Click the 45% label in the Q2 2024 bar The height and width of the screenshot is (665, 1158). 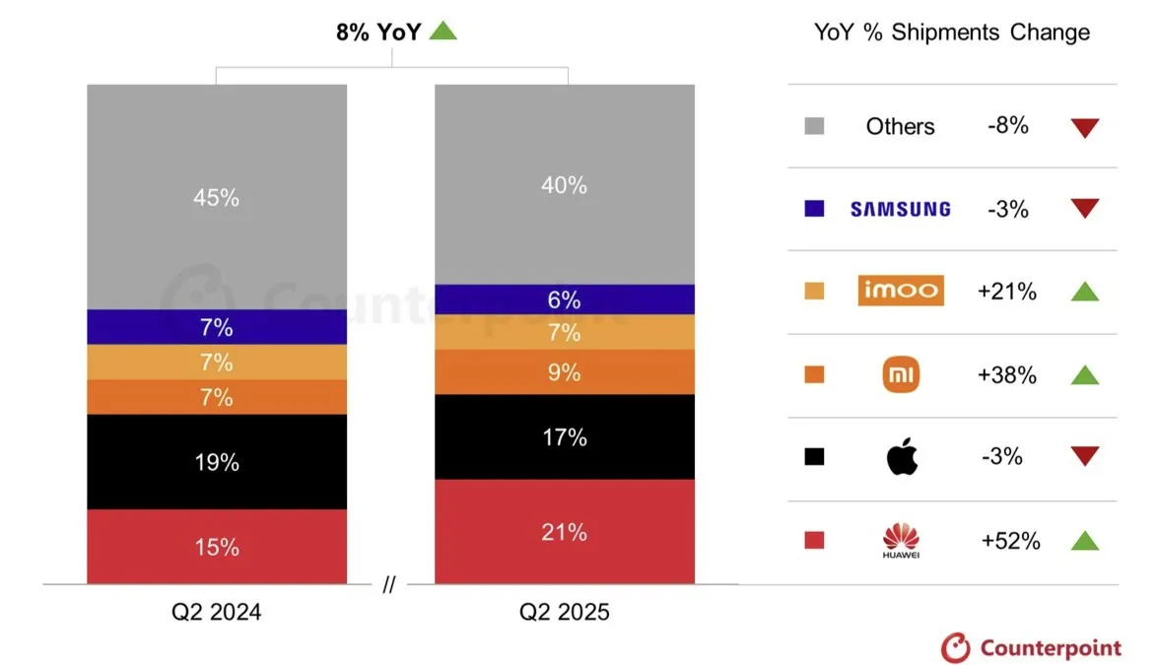[x=217, y=198]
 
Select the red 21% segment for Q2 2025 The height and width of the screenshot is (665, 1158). [x=565, y=531]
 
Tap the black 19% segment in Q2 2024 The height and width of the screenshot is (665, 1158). [x=217, y=462]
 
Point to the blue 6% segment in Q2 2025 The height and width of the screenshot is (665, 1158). [x=565, y=299]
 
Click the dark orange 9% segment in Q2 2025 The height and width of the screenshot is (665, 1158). [x=565, y=372]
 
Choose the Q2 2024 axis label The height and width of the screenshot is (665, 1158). [x=217, y=612]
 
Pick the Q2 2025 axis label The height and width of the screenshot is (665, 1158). [x=565, y=612]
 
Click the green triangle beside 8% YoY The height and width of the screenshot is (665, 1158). [x=443, y=31]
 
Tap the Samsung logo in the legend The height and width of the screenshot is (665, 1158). [x=900, y=209]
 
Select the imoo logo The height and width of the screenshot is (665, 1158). [x=901, y=290]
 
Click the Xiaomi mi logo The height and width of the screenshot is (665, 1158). [x=901, y=373]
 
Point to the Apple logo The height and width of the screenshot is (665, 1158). [x=902, y=455]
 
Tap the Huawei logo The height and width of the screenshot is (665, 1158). [x=901, y=540]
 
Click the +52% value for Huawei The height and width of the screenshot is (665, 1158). [x=1010, y=541]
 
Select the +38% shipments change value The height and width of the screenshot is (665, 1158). [x=1006, y=375]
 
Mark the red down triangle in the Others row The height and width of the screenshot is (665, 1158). [x=1085, y=127]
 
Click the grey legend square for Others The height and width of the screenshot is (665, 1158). [x=814, y=125]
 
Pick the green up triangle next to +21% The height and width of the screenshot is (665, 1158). [x=1085, y=291]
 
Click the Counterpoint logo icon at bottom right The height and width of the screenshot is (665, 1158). [x=956, y=647]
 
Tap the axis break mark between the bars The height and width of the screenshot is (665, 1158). [x=389, y=584]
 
